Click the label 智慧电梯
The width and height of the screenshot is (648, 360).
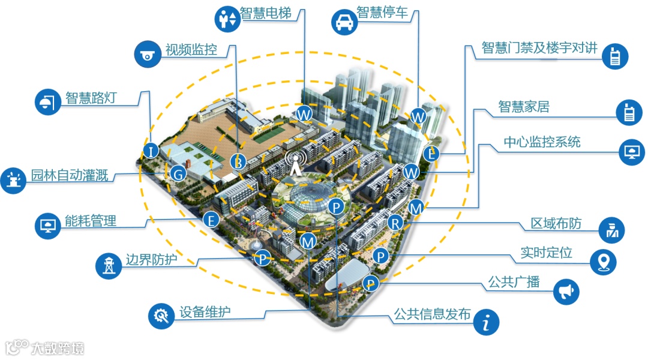pos(265,14)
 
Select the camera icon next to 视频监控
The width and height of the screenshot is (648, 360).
pos(146,55)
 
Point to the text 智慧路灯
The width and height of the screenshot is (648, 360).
pos(91,98)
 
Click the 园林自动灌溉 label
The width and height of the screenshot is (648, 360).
pos(70,176)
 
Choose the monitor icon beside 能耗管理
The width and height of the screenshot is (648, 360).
pos(47,225)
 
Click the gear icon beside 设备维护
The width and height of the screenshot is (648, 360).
pos(161,314)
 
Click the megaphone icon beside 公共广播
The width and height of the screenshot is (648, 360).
pos(566,291)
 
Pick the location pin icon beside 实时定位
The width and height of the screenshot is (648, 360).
pos(604,261)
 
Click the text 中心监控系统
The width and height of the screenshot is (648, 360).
pos(542,142)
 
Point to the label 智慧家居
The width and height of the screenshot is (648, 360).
pos(524,107)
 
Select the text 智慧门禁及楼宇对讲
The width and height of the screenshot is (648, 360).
pos(540,49)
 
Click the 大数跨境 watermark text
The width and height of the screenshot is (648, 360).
pos(58,347)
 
